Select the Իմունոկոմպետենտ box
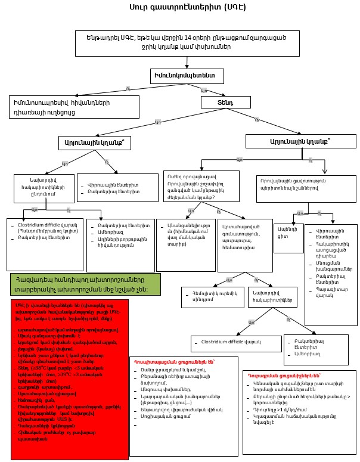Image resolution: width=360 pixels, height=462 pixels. [x=187, y=76]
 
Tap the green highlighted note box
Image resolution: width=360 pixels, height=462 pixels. [x=85, y=284]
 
